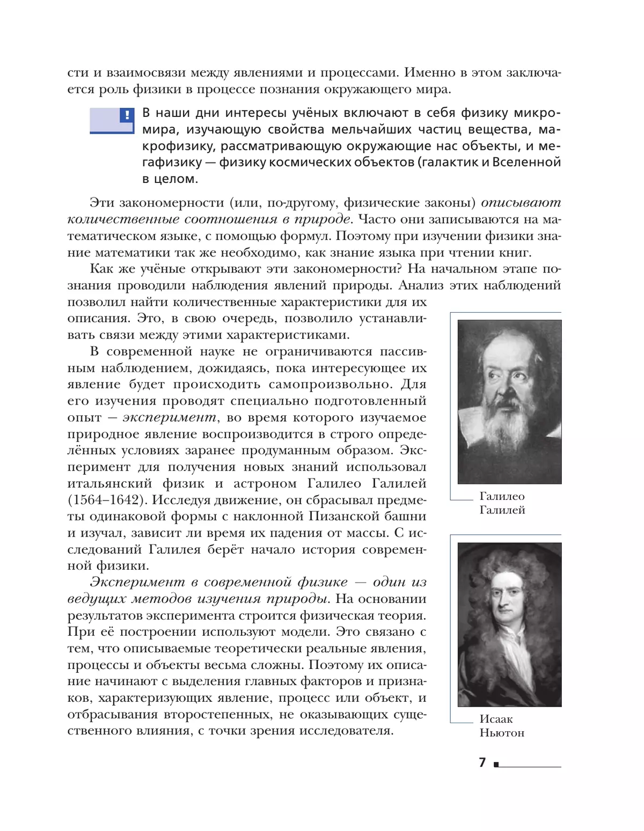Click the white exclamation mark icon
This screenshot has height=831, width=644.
[x=127, y=115]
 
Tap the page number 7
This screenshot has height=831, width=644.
[x=482, y=762]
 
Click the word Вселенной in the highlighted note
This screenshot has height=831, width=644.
[x=526, y=162]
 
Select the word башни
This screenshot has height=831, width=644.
[x=407, y=516]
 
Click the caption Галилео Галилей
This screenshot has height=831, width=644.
[x=502, y=503]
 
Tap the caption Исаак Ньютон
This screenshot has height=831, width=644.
[x=502, y=726]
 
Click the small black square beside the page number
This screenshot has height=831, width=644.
[x=496, y=764]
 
